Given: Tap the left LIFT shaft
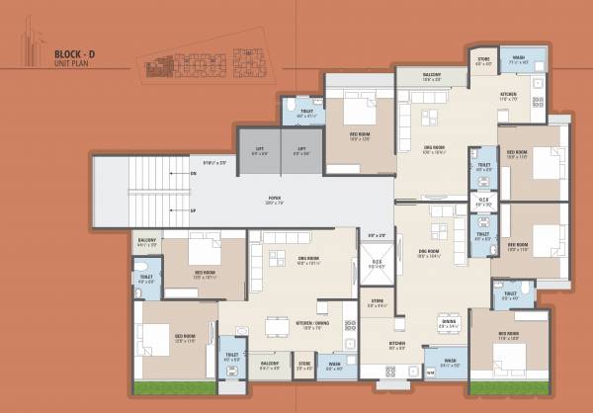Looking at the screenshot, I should click(x=259, y=152).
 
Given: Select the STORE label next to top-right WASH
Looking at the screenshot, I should click(x=483, y=60).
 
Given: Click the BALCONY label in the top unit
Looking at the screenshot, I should click(x=432, y=75).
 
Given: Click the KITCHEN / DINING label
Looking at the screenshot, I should click(x=308, y=325).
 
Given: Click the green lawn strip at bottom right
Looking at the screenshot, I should click(x=506, y=387).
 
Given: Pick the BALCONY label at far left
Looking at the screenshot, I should click(x=146, y=240).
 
